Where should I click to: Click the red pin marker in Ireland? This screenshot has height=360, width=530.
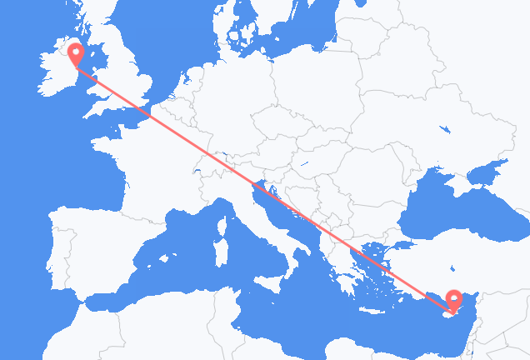(x=76, y=53)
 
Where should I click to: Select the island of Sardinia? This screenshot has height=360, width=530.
(x=221, y=251)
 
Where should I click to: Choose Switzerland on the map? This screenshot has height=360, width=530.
(x=208, y=167)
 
